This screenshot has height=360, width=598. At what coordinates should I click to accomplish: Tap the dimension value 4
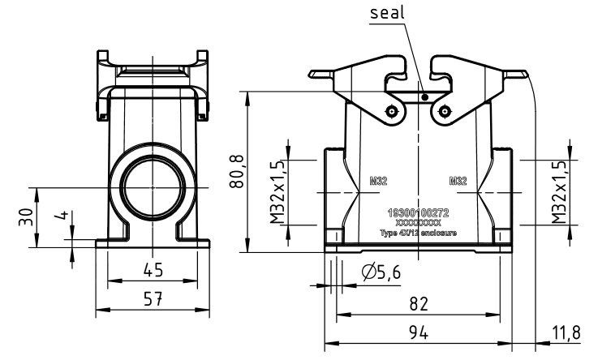tap(60, 220)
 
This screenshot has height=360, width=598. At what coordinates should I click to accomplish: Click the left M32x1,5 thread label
tap(277, 191)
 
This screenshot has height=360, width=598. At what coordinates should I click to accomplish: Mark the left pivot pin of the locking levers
tap(392, 112)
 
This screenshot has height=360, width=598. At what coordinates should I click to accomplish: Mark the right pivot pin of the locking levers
tap(443, 112)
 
